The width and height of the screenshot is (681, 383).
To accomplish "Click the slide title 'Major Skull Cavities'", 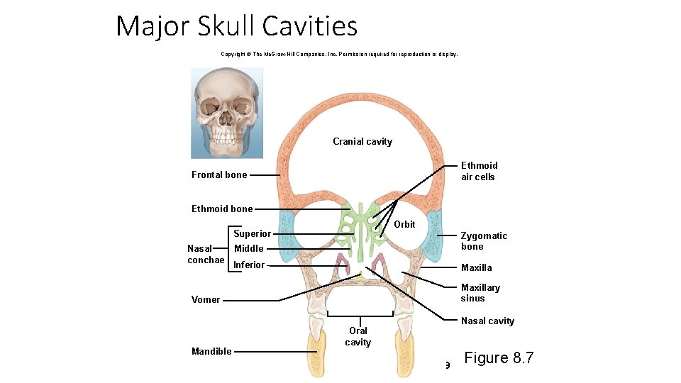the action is (236, 26).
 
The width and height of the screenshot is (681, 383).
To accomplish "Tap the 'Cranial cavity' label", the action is (362, 142).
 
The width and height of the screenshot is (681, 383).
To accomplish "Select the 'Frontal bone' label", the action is (219, 175).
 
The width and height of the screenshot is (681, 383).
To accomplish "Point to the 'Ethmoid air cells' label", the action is (479, 171).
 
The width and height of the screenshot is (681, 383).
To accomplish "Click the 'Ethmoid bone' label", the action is (222, 209).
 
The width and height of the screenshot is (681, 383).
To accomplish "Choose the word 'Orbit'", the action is (404, 224).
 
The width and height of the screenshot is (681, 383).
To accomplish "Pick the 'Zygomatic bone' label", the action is (484, 241).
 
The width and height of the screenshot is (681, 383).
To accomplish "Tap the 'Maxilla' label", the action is (476, 268).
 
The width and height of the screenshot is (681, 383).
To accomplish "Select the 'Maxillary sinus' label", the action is (480, 293).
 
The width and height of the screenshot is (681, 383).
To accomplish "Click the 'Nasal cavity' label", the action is (487, 321).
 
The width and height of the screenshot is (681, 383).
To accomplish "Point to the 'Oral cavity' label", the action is (358, 336).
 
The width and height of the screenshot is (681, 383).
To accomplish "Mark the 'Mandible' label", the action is (211, 352).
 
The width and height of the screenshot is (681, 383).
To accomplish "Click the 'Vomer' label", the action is (206, 300).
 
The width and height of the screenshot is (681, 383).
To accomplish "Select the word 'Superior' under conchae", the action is (252, 234).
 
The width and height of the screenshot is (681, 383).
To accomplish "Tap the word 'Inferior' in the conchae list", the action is (249, 265).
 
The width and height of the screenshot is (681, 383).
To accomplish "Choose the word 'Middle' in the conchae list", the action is (249, 249).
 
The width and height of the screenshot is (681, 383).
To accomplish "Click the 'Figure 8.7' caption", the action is (499, 358).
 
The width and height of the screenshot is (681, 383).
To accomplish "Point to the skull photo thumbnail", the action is (226, 113).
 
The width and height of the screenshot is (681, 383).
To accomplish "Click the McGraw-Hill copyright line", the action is (340, 54).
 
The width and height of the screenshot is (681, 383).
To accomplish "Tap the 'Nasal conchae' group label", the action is (205, 254).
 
